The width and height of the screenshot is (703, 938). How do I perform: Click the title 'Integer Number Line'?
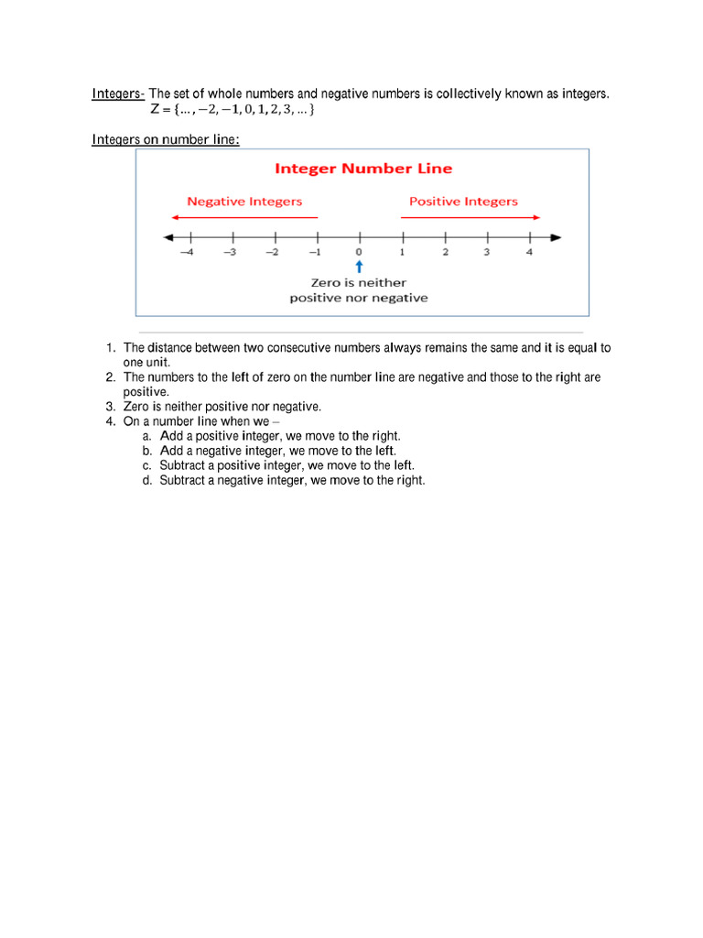pos(363,169)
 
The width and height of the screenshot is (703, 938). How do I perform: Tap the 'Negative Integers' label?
pos(244,202)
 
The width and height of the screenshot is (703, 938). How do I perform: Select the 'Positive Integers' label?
pos(463,202)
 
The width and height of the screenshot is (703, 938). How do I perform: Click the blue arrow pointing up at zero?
pos(359,266)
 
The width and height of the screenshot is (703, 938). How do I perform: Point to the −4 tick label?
pos(187,253)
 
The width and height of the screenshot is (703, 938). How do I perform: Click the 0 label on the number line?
pos(359,253)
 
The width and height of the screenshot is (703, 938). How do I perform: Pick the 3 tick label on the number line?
pos(487,253)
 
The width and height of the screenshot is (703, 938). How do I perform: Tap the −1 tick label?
pos(315,253)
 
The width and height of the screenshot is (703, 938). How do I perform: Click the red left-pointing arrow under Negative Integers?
pos(243,217)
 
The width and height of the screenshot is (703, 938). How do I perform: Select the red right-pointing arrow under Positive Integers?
pos(470,217)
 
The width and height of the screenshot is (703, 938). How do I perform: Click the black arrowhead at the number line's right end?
pos(556,238)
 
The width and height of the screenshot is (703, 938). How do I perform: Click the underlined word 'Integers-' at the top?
pos(118,94)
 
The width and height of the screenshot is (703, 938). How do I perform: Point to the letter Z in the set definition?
pos(155,110)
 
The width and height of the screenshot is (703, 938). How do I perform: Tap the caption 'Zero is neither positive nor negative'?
pos(359,290)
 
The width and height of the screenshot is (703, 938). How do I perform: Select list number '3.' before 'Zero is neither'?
pos(110,407)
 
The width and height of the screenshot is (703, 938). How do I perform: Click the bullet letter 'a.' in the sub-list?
pos(146,437)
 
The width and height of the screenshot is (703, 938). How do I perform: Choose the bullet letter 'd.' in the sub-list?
pos(146,481)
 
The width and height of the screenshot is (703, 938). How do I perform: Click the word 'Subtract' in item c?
pos(181,466)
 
